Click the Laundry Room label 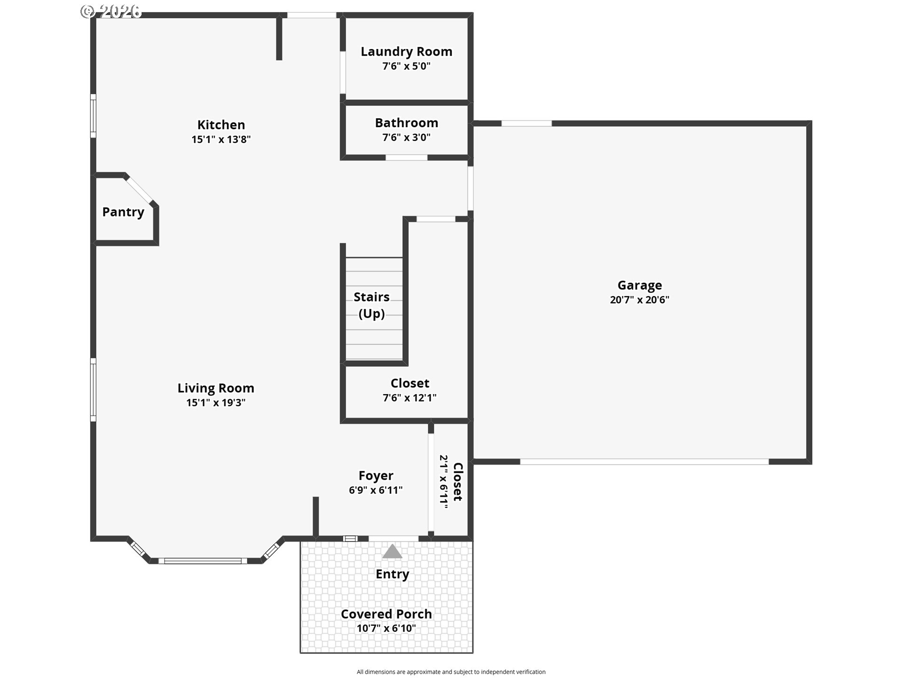(x=406, y=51)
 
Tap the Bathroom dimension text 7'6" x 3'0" (x=406, y=137)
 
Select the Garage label (x=640, y=285)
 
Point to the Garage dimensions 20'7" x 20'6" (x=640, y=300)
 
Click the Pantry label (x=123, y=212)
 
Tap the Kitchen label (x=221, y=125)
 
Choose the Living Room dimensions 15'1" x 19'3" (x=216, y=403)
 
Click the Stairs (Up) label (x=372, y=305)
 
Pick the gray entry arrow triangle (x=392, y=552)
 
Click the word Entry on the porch (x=392, y=574)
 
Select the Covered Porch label (x=386, y=614)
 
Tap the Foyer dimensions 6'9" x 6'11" (x=376, y=490)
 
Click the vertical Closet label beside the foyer (x=458, y=482)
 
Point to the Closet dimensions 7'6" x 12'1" (x=410, y=398)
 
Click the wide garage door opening (x=644, y=462)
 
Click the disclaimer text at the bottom (x=451, y=672)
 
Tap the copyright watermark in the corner (x=111, y=11)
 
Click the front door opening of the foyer (x=394, y=539)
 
